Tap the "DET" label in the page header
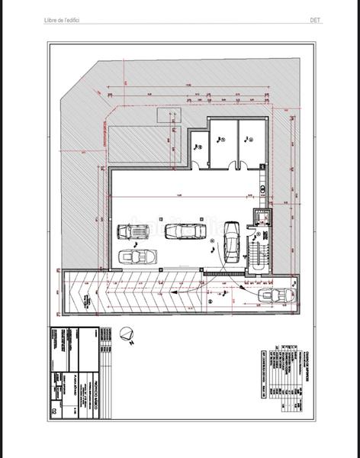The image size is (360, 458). [314, 20]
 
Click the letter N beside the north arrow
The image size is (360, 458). [131, 344]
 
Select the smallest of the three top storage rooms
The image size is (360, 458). [198, 147]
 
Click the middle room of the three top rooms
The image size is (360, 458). [222, 141]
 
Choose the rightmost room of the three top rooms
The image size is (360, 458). [249, 141]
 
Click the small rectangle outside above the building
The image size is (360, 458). [166, 114]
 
